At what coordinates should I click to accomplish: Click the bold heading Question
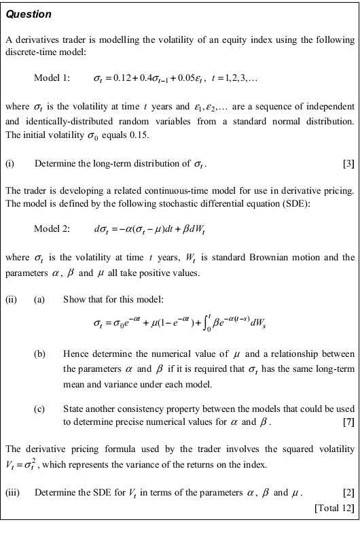(28, 14)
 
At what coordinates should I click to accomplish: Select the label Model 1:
(52, 79)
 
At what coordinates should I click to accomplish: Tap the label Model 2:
(52, 228)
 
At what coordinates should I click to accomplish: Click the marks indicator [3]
(348, 164)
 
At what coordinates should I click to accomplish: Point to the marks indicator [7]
(348, 423)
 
